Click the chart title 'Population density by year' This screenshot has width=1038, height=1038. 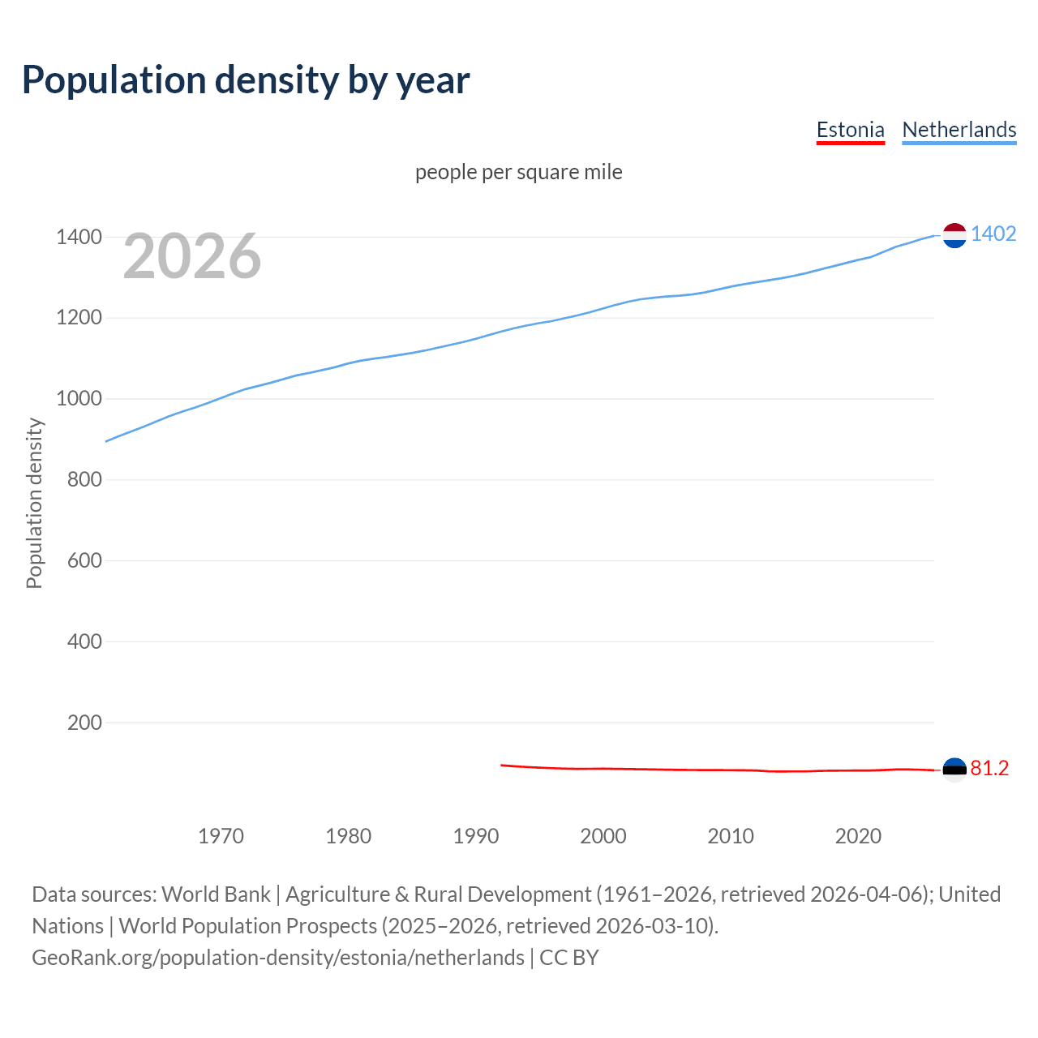click(x=246, y=79)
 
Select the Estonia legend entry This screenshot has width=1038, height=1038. click(x=850, y=130)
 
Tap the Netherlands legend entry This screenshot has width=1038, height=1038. click(x=959, y=130)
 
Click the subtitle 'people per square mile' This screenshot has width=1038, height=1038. click(x=518, y=172)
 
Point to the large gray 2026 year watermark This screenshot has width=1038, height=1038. click(x=192, y=256)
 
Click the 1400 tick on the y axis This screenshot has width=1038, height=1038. click(x=79, y=237)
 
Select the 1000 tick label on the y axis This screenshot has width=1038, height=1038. click(x=79, y=399)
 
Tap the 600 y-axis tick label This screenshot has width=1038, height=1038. click(x=84, y=560)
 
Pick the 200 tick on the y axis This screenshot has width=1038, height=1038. click(x=84, y=723)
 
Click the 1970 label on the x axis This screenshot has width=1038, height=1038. click(x=221, y=836)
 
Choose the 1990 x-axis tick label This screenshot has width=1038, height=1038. click(x=476, y=836)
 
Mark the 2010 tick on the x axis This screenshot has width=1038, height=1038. click(x=731, y=836)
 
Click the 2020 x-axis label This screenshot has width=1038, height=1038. click(x=858, y=836)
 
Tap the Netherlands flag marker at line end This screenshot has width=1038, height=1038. click(x=954, y=235)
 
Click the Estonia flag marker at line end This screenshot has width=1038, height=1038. click(x=954, y=769)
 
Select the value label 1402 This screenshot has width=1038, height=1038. click(x=993, y=234)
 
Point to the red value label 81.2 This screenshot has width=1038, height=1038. click(x=989, y=768)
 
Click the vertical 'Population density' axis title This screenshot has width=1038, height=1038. click(x=34, y=503)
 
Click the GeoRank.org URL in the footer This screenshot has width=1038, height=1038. click(x=278, y=958)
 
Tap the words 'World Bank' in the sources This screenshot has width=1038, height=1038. click(x=216, y=894)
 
